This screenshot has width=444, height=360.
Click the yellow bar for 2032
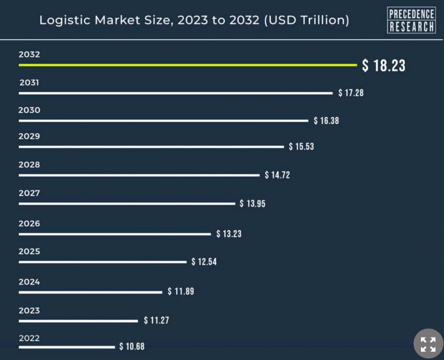click(187, 65)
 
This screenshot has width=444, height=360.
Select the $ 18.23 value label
click(384, 65)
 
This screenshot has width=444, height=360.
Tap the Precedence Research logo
click(411, 20)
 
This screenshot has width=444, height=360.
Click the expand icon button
click(428, 344)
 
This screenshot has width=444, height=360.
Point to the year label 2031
click(29, 82)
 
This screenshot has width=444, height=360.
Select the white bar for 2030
click(163, 121)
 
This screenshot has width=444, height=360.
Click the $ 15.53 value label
click(301, 147)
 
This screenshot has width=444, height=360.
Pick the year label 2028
click(29, 165)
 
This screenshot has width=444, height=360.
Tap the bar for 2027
click(127, 203)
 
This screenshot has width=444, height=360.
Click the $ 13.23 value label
click(229, 234)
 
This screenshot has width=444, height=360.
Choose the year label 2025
click(29, 252)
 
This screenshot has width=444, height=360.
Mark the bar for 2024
click(90, 292)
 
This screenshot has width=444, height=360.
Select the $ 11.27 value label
click(157, 321)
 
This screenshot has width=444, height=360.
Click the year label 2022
click(29, 338)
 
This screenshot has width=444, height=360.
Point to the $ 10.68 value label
click(132, 347)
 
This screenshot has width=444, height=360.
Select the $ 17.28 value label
click(351, 93)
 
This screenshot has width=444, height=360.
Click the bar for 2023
click(78, 321)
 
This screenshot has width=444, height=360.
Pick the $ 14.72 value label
click(277, 175)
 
